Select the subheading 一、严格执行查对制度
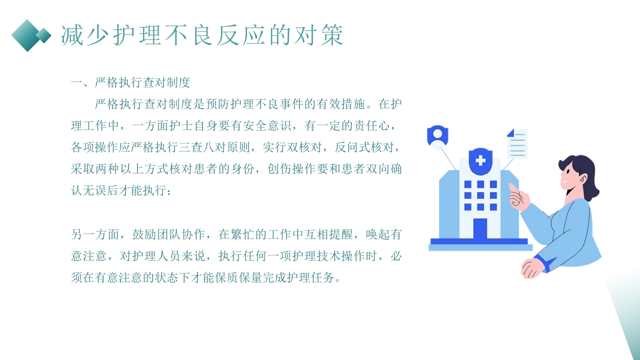coord(130,82)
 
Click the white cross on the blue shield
coord(480,160)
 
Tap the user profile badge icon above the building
coord(437,135)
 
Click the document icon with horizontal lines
coord(517,143)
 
